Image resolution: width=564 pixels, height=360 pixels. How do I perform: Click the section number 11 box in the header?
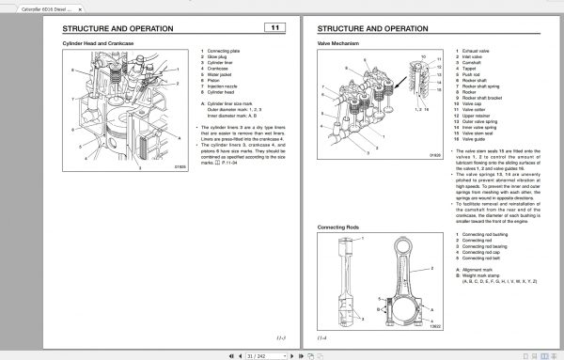pyautogui.click(x=274, y=29)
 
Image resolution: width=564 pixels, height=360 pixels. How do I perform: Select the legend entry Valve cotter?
pyautogui.click(x=477, y=109)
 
